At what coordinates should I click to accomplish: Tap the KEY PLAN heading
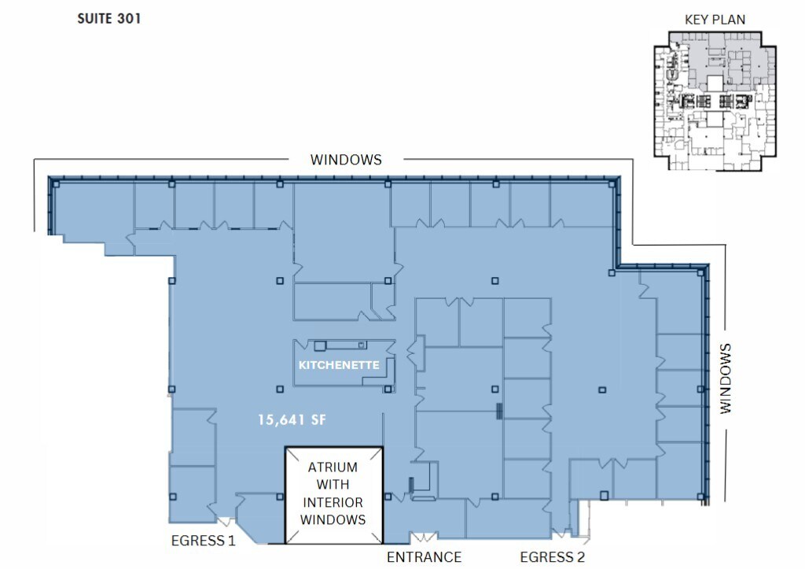click(715, 20)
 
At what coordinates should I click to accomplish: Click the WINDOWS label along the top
click(346, 160)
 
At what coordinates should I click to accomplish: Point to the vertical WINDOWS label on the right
click(724, 379)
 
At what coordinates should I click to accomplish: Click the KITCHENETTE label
click(338, 366)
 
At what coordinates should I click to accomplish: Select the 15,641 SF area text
click(292, 420)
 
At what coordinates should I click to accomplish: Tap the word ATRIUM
click(333, 467)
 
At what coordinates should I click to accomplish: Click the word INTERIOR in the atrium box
click(333, 502)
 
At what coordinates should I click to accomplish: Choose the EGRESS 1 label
click(204, 541)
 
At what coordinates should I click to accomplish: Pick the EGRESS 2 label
click(553, 557)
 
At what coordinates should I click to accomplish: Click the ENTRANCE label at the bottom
click(425, 557)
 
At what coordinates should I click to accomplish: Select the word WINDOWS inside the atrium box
click(333, 519)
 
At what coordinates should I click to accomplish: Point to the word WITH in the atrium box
click(333, 485)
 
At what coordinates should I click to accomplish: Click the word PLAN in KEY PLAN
click(730, 20)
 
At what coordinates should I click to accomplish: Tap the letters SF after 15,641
click(317, 420)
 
